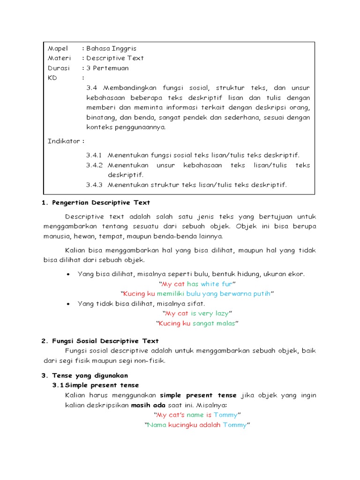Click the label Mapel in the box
pyautogui.click(x=58, y=48)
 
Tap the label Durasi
pyautogui.click(x=59, y=68)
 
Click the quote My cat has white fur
pyautogui.click(x=197, y=284)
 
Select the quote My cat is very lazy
pyautogui.click(x=197, y=313)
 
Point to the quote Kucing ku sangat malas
pyautogui.click(x=197, y=323)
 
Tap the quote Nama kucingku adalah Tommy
pyautogui.click(x=197, y=425)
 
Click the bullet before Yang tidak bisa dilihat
pyautogui.click(x=69, y=304)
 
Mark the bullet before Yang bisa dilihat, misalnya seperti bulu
pyautogui.click(x=69, y=274)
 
